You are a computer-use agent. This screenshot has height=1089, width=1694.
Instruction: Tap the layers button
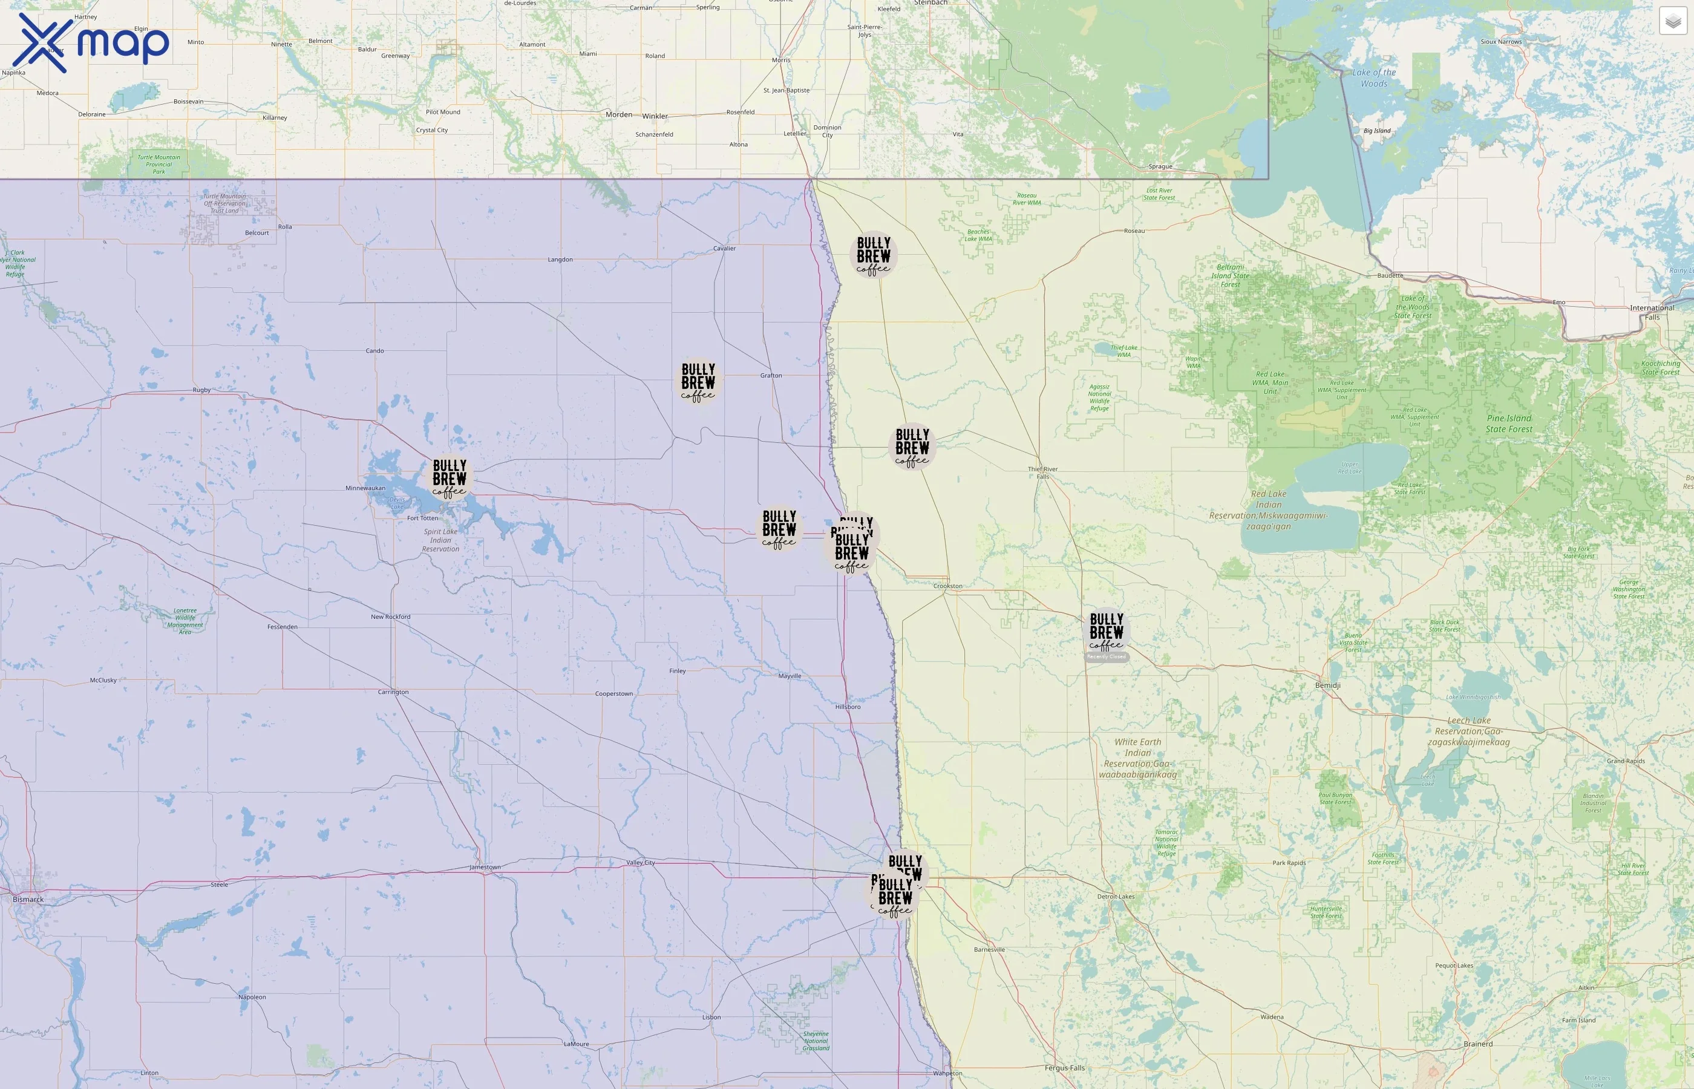[1673, 21]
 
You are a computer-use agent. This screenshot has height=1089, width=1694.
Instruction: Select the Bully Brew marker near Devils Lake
[450, 478]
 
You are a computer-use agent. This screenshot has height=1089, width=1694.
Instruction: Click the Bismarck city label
[28, 900]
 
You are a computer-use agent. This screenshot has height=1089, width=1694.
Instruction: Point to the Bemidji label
[1327, 685]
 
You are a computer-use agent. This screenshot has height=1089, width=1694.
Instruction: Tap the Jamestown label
[485, 867]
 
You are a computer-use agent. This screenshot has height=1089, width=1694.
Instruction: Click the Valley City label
[641, 863]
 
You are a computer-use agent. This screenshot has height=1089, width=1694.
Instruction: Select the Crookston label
[947, 586]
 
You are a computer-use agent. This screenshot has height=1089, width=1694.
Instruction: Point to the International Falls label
[1652, 312]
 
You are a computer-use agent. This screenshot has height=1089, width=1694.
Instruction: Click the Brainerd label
[1477, 1044]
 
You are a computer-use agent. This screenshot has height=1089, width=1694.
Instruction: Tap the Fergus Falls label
[1064, 1068]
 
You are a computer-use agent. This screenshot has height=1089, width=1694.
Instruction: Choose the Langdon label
[560, 260]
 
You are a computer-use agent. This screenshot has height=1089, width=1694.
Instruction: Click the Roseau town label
[1134, 231]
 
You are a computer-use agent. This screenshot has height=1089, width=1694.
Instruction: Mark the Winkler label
[655, 116]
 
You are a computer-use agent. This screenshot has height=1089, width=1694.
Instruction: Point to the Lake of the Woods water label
[1374, 78]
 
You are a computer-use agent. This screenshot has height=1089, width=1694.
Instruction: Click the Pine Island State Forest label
[1509, 423]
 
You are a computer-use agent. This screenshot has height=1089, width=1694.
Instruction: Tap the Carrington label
[393, 692]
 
